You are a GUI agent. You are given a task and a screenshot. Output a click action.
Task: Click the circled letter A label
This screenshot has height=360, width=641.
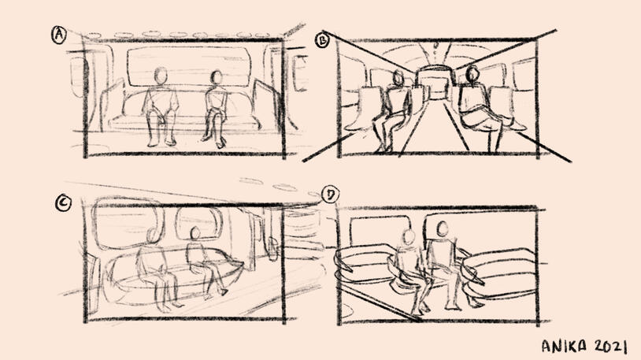pyautogui.click(x=59, y=35)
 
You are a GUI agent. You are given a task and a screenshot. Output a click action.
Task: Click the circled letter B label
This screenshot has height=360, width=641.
pyautogui.click(x=323, y=40)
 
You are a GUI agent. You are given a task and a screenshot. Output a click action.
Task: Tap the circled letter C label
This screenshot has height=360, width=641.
pyautogui.click(x=63, y=203)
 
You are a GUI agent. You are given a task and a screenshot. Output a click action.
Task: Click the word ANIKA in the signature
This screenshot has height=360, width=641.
pyautogui.click(x=564, y=346)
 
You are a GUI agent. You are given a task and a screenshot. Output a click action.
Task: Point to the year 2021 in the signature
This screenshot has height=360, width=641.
pyautogui.click(x=610, y=346)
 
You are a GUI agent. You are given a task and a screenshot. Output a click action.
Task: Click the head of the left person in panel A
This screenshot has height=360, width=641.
pyautogui.click(x=161, y=76)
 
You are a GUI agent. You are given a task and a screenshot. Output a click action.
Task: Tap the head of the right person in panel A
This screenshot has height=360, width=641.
pyautogui.click(x=216, y=77)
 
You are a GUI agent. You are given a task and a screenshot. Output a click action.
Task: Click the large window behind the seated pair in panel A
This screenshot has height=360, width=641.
pyautogui.click(x=188, y=66)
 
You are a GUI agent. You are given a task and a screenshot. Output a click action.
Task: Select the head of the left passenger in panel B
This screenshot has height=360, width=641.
pyautogui.click(x=398, y=78)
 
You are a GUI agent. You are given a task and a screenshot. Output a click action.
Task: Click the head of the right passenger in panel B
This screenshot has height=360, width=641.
pyautogui.click(x=472, y=73)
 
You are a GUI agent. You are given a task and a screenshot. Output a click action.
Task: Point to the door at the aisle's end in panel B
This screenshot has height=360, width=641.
pyautogui.click(x=435, y=84)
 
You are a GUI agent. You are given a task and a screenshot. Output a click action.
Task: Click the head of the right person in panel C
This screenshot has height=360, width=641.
pyautogui.click(x=195, y=233)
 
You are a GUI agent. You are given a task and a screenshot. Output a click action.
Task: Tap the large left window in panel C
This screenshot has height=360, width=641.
pyautogui.click(x=128, y=223)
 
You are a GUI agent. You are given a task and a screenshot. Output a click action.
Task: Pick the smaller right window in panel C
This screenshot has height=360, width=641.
pyautogui.click(x=199, y=224)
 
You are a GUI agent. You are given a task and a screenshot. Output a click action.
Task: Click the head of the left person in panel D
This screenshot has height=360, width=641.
pyautogui.click(x=409, y=237)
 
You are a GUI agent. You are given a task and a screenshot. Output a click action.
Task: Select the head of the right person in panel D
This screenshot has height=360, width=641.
pyautogui.click(x=442, y=229)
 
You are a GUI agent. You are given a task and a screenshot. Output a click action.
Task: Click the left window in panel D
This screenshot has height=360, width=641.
pyautogui.click(x=380, y=230)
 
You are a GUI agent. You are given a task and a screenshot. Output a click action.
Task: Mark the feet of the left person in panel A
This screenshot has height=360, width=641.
pyautogui.click(x=161, y=143)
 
